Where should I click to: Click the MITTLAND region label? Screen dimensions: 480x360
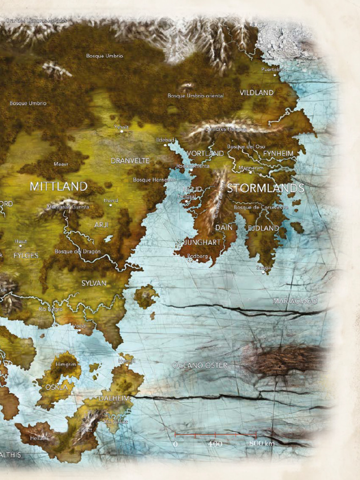59,187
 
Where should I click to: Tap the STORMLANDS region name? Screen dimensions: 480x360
266,188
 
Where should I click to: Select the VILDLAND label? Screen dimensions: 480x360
256,93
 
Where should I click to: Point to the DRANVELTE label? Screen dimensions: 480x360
130,161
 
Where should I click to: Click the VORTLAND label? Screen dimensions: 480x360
205,153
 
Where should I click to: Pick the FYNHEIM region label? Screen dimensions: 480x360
278,153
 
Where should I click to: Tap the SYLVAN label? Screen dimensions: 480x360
94,283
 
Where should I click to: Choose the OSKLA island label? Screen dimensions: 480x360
57,387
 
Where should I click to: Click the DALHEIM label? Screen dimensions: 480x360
113,398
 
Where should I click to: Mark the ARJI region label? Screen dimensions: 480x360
101,225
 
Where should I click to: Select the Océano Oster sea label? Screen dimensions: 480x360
200,365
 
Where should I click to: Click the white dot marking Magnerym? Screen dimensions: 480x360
250,172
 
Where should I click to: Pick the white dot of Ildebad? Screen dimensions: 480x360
165,145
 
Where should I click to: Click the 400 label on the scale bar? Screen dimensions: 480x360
215,443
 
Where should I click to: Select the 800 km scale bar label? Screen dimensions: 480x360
262,443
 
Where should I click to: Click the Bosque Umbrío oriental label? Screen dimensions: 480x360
195,96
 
